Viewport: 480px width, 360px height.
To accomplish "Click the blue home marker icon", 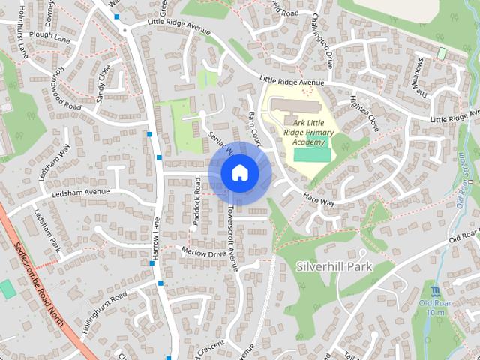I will coord(239,173).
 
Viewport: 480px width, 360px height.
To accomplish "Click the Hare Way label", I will coord(319,198).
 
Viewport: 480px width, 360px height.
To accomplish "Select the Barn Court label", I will coord(254,124).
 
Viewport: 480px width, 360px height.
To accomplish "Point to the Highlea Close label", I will coord(364,112).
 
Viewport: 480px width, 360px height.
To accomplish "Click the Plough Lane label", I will coord(49,34).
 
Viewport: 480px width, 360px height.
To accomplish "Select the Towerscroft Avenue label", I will coord(232,238).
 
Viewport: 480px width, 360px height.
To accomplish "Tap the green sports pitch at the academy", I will coord(311,154).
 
